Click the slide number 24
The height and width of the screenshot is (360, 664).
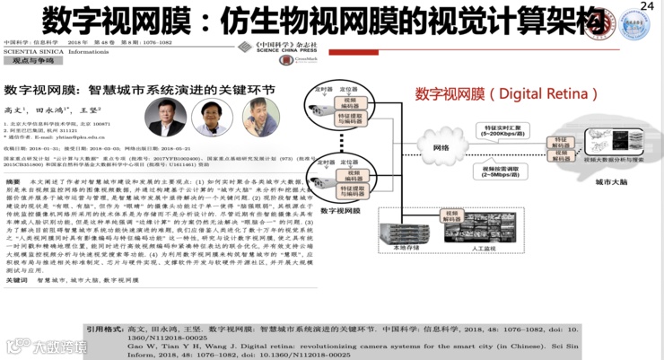tap(649, 7)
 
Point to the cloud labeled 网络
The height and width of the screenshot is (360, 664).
tap(441, 147)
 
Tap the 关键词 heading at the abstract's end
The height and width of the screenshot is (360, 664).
tap(20, 279)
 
